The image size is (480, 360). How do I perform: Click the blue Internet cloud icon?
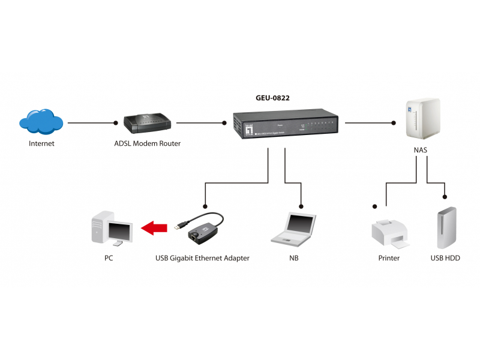pos(41,122)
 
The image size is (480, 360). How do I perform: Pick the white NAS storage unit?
pos(424,119)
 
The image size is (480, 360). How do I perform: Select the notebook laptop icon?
pos(293,229)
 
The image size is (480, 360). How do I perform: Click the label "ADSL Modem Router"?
pos(147,144)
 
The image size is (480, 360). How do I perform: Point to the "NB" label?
pos(293,259)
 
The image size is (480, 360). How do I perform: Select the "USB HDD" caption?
pos(445,259)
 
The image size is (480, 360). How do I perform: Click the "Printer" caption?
pos(389,259)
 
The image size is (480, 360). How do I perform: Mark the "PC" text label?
pos(108,259)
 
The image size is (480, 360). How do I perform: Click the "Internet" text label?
pos(41,144)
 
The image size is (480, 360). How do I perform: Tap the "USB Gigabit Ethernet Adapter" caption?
pos(202,259)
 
